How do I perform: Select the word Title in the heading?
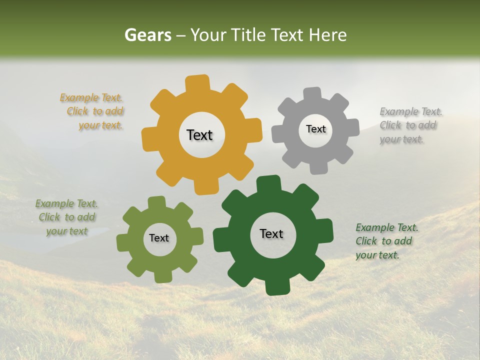(248, 35)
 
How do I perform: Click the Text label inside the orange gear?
(199, 135)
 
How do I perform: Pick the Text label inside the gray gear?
(315, 129)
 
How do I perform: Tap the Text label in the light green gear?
(159, 238)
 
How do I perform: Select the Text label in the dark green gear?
(271, 233)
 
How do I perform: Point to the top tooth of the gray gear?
(312, 93)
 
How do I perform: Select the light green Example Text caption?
(66, 217)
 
